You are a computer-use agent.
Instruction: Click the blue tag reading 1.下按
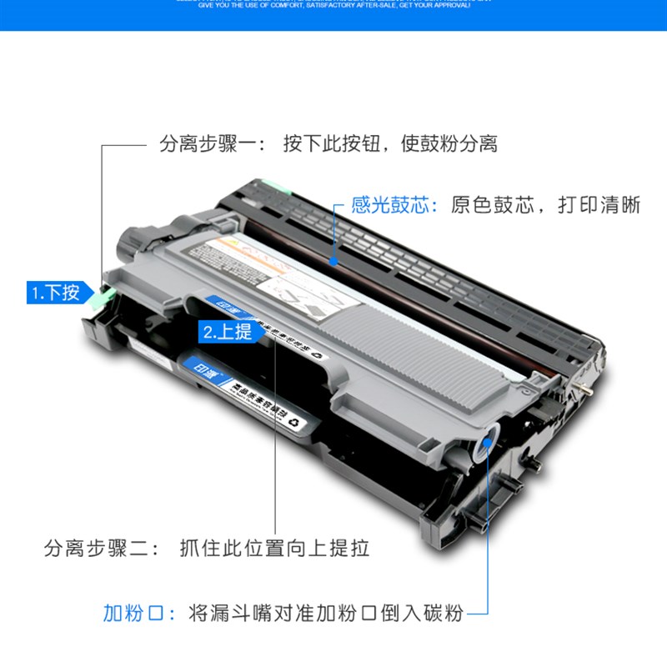tap(56, 293)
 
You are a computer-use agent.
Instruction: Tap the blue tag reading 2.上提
tap(227, 332)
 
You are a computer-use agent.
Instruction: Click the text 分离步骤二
tap(97, 549)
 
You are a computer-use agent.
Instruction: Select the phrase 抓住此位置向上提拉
tap(274, 549)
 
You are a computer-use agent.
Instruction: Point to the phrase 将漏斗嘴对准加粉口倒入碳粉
tap(326, 614)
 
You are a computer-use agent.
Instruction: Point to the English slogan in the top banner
tap(333, 5)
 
